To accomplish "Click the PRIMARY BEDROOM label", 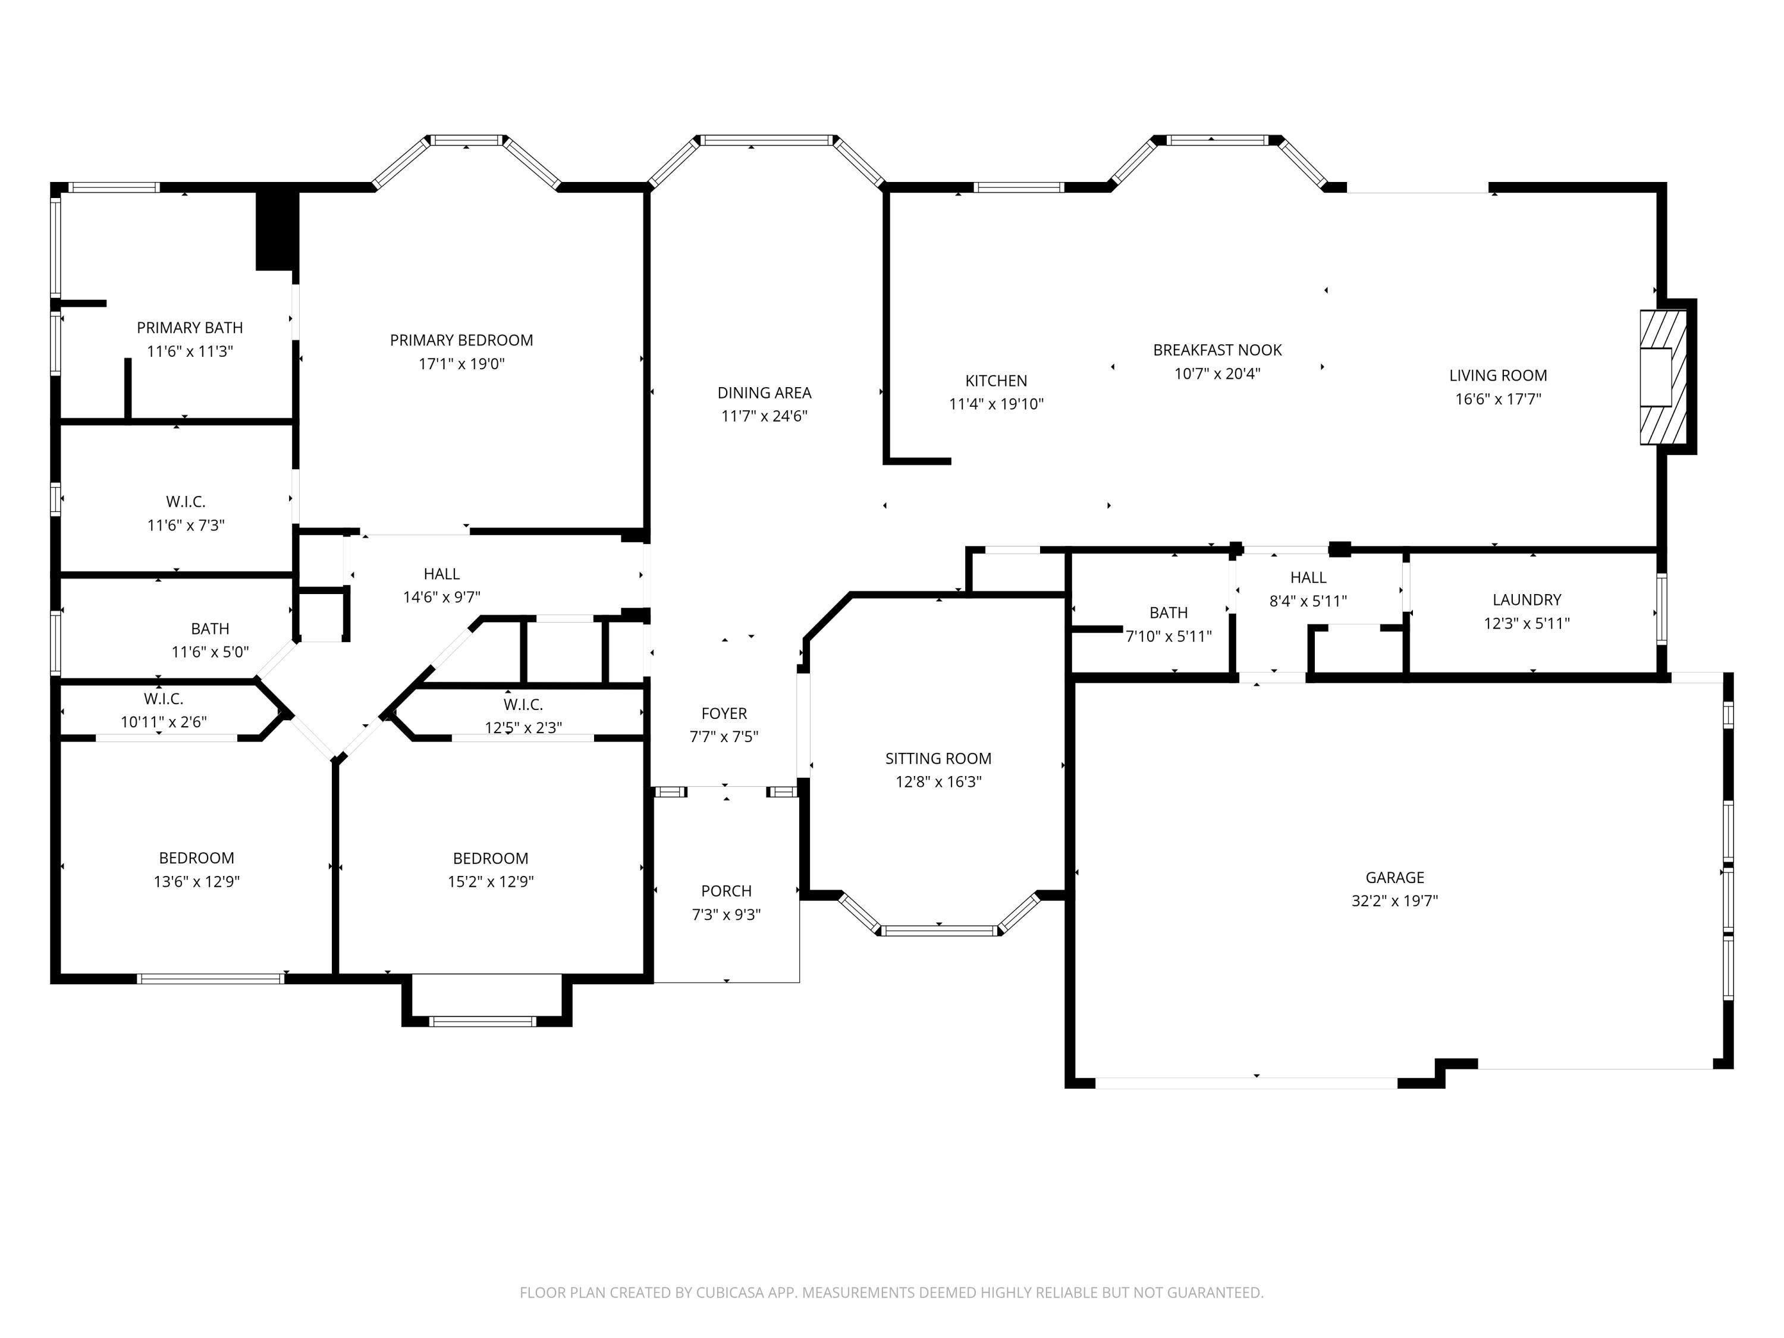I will click(461, 340).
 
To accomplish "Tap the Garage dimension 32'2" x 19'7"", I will click(1394, 901).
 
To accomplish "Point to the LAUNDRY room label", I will click(1526, 600).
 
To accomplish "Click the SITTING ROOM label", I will click(938, 758).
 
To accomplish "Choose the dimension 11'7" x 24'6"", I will click(764, 416).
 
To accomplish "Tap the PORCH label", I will click(726, 891).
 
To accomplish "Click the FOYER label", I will click(724, 713).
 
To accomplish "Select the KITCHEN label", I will click(996, 381).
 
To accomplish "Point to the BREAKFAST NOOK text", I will click(1217, 350).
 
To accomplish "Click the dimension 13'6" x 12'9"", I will click(197, 881).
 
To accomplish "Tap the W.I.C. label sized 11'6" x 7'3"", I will click(186, 502).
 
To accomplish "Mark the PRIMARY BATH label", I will click(190, 328).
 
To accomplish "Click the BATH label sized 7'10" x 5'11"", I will click(1168, 613).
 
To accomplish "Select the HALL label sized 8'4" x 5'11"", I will click(1307, 577).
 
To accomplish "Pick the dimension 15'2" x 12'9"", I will click(491, 881).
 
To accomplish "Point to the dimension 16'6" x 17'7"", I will click(1498, 399).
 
